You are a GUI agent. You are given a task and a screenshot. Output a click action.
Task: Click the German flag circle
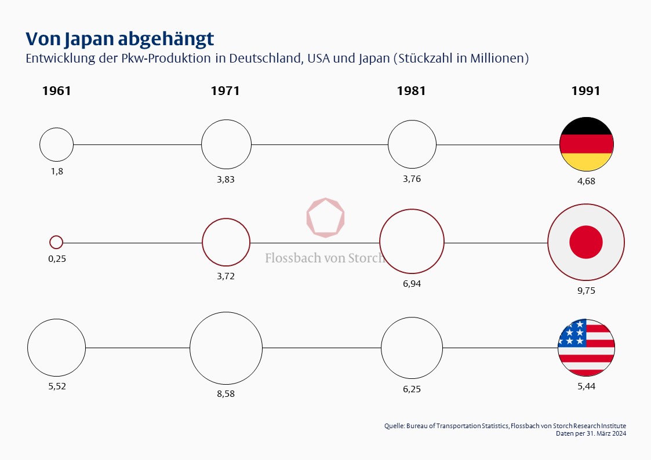click(x=586, y=144)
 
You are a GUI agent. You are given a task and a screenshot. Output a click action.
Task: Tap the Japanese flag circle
click(x=586, y=242)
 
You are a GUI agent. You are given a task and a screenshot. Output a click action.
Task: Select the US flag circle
click(x=586, y=348)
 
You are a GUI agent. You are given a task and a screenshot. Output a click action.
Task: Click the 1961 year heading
click(x=56, y=91)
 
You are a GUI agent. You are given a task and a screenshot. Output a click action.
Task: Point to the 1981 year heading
click(x=411, y=91)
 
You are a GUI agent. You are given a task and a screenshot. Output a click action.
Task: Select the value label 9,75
click(x=586, y=291)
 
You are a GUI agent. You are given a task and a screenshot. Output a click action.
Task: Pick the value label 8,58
click(x=226, y=393)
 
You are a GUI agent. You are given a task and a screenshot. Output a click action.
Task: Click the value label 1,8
click(x=57, y=171)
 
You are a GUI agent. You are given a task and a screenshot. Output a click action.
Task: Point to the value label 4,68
click(x=586, y=181)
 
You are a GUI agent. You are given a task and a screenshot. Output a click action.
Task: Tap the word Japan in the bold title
click(x=89, y=39)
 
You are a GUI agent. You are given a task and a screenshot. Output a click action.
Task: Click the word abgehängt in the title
click(x=166, y=39)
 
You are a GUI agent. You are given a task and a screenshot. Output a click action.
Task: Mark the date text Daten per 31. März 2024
click(x=591, y=433)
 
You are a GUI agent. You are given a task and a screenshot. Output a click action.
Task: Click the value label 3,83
click(x=226, y=180)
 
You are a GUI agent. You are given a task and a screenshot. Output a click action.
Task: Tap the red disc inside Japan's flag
click(x=586, y=242)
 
